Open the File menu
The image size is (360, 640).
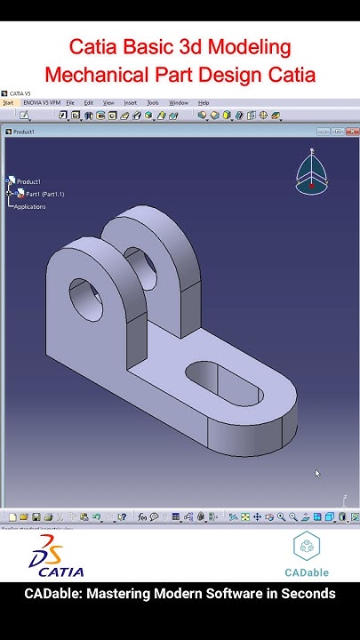coord(70,103)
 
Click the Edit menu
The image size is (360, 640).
coord(88,103)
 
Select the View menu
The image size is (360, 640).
coord(108,103)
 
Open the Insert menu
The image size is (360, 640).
coord(131,103)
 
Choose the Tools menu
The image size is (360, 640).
coord(153,103)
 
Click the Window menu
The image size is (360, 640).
coord(179,103)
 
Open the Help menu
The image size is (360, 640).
coord(204,103)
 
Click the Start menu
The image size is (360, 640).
coord(8,103)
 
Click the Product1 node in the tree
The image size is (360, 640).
coord(28,181)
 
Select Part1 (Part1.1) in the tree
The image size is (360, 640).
coord(44,194)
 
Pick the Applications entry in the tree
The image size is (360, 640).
coord(29,206)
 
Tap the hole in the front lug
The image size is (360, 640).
coord(84,302)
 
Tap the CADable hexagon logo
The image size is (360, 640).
coord(307,547)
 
